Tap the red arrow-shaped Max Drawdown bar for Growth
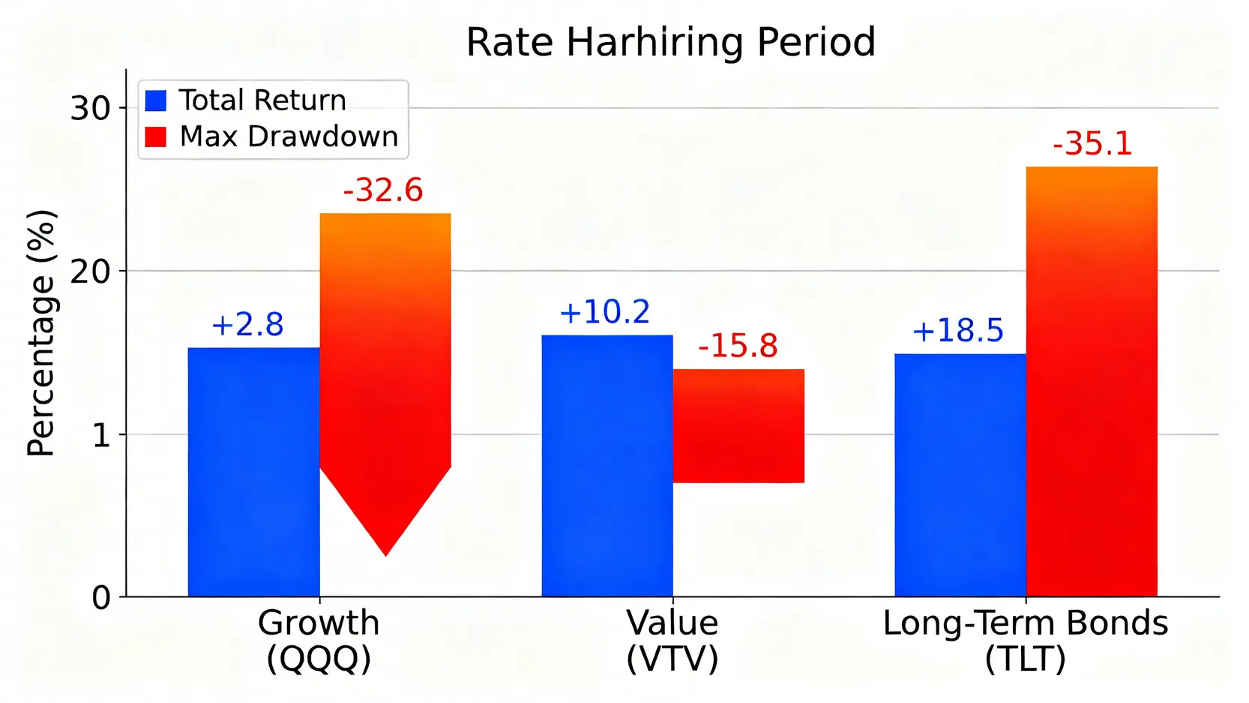pos(385,360)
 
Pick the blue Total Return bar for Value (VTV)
pos(607,465)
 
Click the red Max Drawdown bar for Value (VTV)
pos(738,425)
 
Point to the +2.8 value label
pos(247,325)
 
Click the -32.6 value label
pos(383,191)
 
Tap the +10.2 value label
pos(604,312)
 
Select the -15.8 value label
pos(738,346)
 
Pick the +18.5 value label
pos(957,331)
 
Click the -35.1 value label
pos(1092,144)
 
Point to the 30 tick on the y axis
pos(90,109)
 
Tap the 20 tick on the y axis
pos(90,272)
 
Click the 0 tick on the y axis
pos(101,598)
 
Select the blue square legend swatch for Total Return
pos(156,101)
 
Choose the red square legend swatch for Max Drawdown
pos(156,137)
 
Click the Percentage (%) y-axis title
pos(41,332)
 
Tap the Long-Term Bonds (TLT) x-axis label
pos(1025,641)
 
